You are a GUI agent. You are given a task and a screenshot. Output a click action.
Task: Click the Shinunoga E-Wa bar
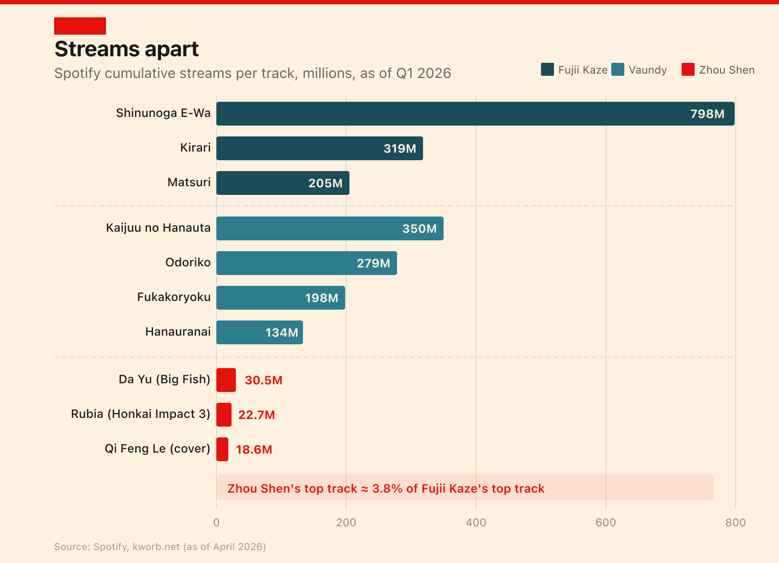pyautogui.click(x=476, y=114)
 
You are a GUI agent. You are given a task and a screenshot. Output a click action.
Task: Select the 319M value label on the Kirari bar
pyautogui.click(x=400, y=148)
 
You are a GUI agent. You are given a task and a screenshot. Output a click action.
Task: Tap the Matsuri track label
pyautogui.click(x=189, y=182)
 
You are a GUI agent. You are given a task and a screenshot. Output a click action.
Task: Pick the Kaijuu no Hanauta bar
pyautogui.click(x=329, y=228)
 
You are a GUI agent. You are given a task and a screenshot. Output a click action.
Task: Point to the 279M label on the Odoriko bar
pyautogui.click(x=373, y=264)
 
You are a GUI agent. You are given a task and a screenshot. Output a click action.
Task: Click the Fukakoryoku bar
pyautogui.click(x=281, y=298)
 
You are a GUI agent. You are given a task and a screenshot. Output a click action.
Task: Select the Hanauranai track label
pyautogui.click(x=178, y=332)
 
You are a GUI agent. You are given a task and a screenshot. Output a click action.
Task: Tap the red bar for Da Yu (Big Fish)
pyautogui.click(x=226, y=380)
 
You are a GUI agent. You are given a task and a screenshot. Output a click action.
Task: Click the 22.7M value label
pyautogui.click(x=256, y=415)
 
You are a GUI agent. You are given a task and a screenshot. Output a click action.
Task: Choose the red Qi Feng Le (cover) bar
pyautogui.click(x=222, y=449)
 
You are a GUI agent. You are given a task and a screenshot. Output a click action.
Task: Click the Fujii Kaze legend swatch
pyautogui.click(x=547, y=69)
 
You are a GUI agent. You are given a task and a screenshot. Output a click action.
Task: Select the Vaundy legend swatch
pyautogui.click(x=618, y=69)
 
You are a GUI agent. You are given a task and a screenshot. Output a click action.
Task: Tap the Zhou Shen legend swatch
pyautogui.click(x=688, y=69)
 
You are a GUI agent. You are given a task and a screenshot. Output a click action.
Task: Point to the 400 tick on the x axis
pyautogui.click(x=476, y=522)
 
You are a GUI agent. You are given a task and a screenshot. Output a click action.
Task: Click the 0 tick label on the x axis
pyautogui.click(x=216, y=522)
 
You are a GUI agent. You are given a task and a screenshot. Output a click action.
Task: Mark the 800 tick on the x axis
pyautogui.click(x=736, y=522)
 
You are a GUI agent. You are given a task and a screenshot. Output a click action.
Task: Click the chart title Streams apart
pyautogui.click(x=127, y=49)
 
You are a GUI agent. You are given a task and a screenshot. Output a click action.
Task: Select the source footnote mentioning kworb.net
pyautogui.click(x=160, y=547)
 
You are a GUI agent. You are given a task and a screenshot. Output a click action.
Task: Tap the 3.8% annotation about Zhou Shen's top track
pyautogui.click(x=386, y=488)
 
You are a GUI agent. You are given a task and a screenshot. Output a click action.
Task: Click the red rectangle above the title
pyautogui.click(x=80, y=26)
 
